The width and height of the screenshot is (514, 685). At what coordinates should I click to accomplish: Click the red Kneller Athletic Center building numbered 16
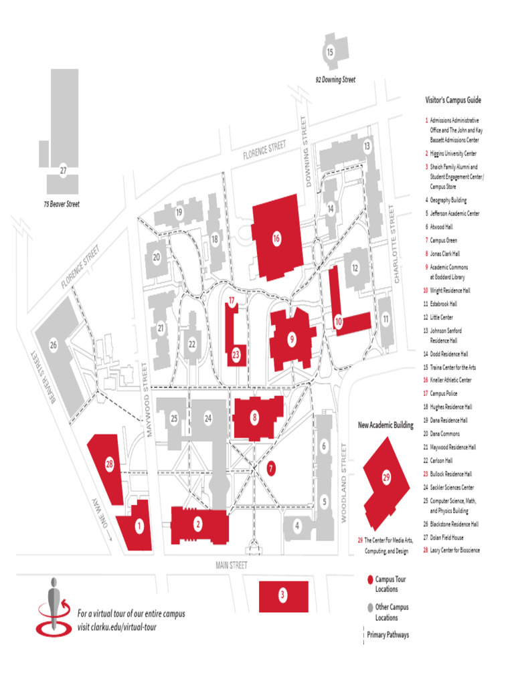276,237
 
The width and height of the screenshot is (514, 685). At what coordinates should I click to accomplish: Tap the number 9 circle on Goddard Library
292,340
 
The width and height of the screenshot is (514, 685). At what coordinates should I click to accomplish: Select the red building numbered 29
386,478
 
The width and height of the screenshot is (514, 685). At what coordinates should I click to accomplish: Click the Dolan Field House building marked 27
63,171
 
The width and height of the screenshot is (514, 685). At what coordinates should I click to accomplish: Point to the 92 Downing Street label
335,80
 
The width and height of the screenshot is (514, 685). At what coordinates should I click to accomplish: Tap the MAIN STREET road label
232,565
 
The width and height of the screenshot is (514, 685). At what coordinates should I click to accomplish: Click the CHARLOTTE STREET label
396,244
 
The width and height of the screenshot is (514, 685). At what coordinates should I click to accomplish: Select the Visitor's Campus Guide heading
453,100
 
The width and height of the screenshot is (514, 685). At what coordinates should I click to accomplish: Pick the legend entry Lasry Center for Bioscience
454,551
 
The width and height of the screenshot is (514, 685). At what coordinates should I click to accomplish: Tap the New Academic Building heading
385,425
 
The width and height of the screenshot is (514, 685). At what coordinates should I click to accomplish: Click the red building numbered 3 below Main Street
283,595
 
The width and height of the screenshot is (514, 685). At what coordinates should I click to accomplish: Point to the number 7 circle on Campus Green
270,468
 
